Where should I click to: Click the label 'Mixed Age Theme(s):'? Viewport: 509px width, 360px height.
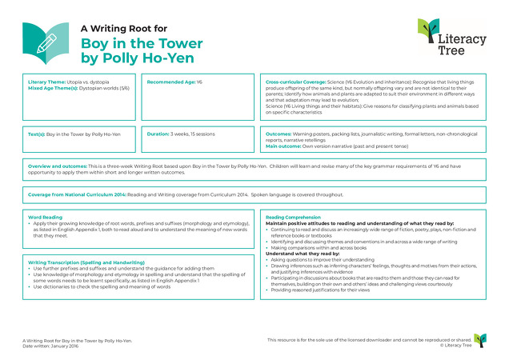(x=49, y=87)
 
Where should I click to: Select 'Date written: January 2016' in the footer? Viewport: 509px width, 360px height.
(x=52, y=344)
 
